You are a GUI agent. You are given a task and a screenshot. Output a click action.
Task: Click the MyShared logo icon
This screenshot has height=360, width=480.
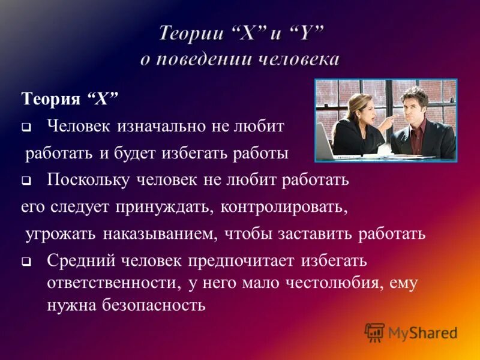click(x=375, y=332)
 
